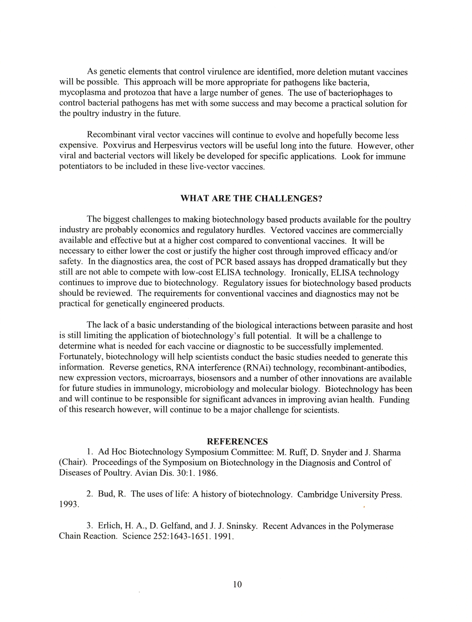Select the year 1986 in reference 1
pos(208,473)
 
